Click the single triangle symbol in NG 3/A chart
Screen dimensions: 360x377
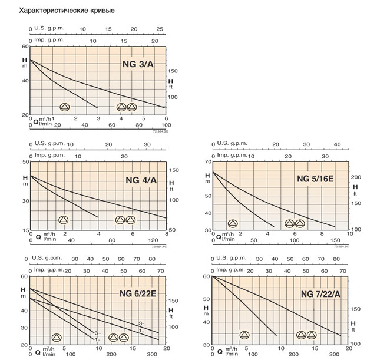[65, 107]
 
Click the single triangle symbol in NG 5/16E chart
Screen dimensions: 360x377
[233, 224]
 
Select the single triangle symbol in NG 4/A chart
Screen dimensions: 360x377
[64, 220]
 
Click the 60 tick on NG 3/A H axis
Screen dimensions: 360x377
[25, 47]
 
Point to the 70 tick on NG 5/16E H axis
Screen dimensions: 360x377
[207, 161]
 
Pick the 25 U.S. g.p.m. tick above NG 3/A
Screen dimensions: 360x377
[160, 29]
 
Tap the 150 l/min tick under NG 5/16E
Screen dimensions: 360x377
[335, 240]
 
